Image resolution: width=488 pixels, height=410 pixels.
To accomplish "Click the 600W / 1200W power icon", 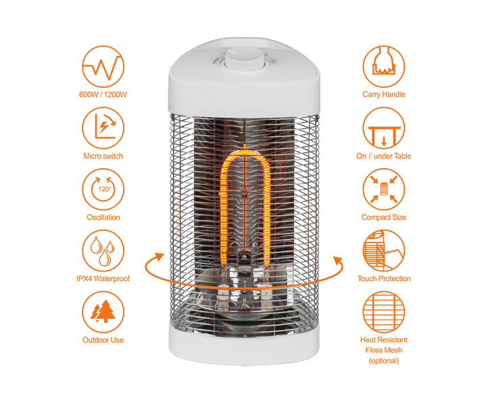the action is tap(103, 67).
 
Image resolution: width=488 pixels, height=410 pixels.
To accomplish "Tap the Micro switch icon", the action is tap(103, 128).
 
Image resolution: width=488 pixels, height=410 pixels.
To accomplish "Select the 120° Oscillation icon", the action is tap(103, 189).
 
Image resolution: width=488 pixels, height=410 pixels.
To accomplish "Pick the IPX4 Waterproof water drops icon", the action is tap(103, 251).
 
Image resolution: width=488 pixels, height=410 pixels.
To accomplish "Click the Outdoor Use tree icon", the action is tap(103, 312).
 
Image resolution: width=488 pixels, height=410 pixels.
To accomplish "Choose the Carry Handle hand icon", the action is tap(384, 67).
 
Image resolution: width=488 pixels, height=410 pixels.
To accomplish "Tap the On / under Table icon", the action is tap(384, 128).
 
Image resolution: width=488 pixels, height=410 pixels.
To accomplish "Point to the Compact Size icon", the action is tap(384, 189).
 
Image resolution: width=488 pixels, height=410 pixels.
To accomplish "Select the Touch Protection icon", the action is tap(384, 251).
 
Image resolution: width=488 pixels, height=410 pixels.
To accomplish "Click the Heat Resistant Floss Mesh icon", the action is tap(384, 312).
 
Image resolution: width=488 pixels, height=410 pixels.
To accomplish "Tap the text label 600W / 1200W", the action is tap(103, 95).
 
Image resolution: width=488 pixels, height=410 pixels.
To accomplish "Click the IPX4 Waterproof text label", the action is tap(103, 279).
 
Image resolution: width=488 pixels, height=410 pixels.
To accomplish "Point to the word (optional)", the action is tap(384, 361).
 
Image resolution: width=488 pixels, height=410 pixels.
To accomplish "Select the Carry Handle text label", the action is tap(384, 95).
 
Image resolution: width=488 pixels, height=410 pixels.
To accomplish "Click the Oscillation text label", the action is tap(103, 217).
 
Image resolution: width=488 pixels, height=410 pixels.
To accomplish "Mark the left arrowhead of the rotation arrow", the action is tap(160, 257).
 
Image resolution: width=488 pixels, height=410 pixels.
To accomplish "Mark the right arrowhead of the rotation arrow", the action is tap(338, 261).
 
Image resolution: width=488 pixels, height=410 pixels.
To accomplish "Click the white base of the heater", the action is tap(244, 345).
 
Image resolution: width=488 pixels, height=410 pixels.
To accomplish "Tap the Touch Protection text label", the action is tap(384, 279).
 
